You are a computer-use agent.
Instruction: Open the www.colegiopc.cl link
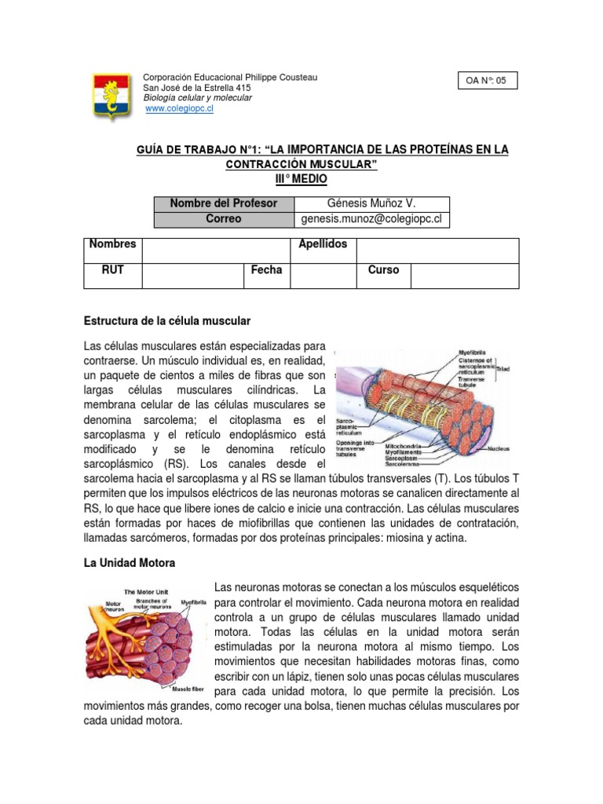point(180,109)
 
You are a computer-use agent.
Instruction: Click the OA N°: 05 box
point(488,81)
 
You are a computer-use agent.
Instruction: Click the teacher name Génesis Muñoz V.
point(372,203)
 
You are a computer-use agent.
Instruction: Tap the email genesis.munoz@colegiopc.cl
point(372,219)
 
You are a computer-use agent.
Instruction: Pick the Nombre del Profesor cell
point(224,203)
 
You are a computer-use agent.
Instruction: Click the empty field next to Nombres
point(216,250)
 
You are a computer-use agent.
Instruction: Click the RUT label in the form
point(113,270)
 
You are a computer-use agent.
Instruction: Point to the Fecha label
point(266,270)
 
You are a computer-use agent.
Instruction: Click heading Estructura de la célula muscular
point(167,322)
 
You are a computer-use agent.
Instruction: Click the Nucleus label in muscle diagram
point(498,448)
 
